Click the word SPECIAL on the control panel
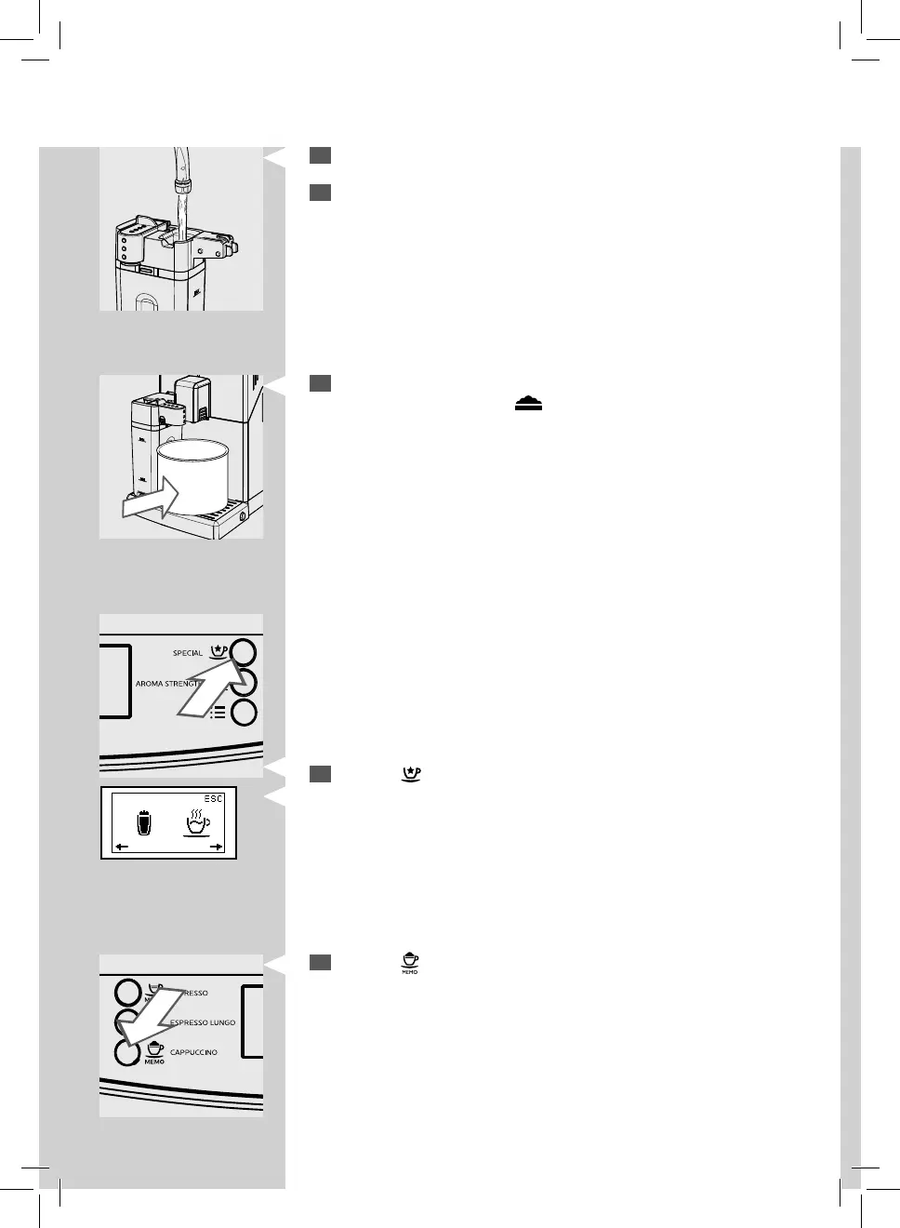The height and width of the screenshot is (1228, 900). pyautogui.click(x=187, y=653)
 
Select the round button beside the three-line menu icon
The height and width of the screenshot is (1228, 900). pyautogui.click(x=243, y=713)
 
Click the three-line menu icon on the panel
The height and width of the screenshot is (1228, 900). pyautogui.click(x=218, y=713)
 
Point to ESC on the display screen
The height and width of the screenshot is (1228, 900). pyautogui.click(x=214, y=799)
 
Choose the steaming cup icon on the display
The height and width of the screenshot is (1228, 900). pyautogui.click(x=197, y=822)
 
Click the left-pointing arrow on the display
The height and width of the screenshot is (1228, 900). pyautogui.click(x=122, y=847)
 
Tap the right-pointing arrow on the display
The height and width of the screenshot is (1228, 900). pyautogui.click(x=216, y=847)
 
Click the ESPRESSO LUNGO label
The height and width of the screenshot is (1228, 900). pyautogui.click(x=203, y=1022)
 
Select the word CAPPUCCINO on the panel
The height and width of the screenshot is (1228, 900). pyautogui.click(x=193, y=1052)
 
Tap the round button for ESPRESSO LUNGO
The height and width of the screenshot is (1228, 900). pyautogui.click(x=126, y=1022)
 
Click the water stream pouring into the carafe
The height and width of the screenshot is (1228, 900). pyautogui.click(x=183, y=209)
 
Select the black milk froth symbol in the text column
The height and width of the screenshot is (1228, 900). pyautogui.click(x=528, y=403)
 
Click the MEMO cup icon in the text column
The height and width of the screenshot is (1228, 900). pyautogui.click(x=410, y=963)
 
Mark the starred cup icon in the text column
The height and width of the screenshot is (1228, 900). pyautogui.click(x=410, y=774)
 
